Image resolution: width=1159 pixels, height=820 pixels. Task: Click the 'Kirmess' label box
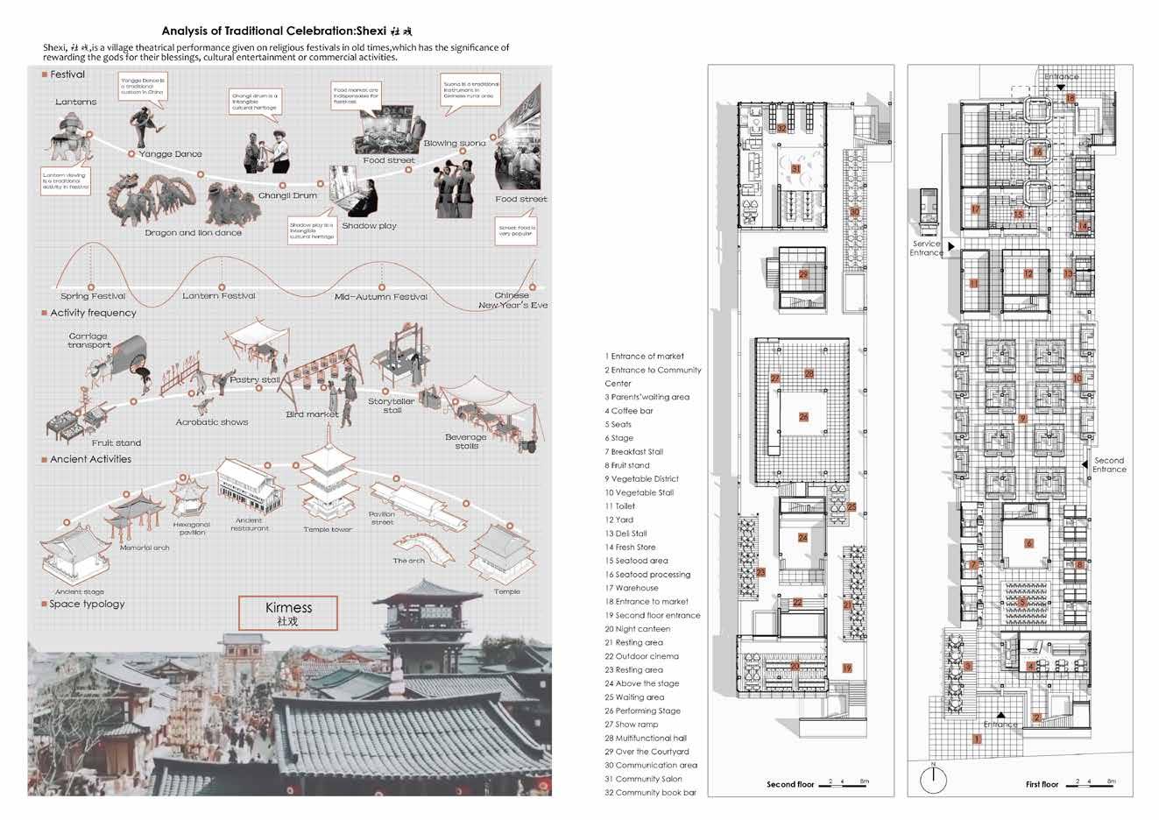(x=288, y=613)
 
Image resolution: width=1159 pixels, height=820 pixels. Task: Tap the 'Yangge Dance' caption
(x=171, y=154)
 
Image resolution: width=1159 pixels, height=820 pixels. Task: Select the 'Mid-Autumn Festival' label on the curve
(x=381, y=297)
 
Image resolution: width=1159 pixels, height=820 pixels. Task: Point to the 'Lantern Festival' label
(x=219, y=296)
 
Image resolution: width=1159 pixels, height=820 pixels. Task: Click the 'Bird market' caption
(x=312, y=414)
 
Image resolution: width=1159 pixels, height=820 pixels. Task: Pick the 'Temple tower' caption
(x=329, y=530)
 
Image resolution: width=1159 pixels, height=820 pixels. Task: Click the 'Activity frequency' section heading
(x=93, y=313)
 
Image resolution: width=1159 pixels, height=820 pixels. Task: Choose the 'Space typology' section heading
(x=87, y=604)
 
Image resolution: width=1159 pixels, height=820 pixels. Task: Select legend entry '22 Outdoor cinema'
(x=641, y=656)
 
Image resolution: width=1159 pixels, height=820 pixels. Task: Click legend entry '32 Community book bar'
(x=650, y=793)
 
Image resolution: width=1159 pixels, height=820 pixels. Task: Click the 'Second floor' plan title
(x=790, y=784)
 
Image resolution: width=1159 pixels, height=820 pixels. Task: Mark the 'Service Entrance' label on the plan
(x=927, y=249)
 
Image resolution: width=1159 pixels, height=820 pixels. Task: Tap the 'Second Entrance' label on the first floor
(x=1109, y=465)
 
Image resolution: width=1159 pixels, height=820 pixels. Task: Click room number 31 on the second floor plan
(x=796, y=168)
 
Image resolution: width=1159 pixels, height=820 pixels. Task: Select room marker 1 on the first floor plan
(x=978, y=739)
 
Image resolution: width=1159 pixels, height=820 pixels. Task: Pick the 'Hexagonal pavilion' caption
(x=192, y=528)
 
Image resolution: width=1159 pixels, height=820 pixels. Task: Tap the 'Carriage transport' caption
(x=88, y=340)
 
